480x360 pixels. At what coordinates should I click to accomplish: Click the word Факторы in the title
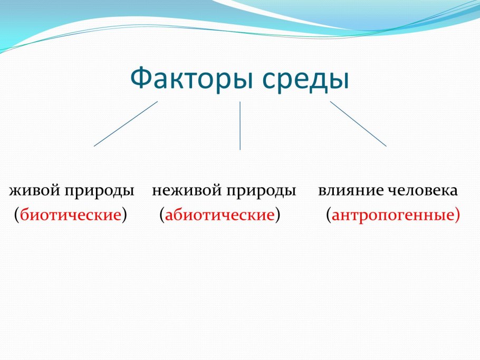[x=192, y=79]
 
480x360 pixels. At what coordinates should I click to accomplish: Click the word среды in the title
[x=306, y=79]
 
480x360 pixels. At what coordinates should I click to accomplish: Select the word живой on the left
[x=35, y=190]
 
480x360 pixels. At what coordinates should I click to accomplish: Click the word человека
[x=423, y=190]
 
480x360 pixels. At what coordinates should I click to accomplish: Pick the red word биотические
[x=71, y=215]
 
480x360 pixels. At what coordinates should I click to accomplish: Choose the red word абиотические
[x=220, y=215]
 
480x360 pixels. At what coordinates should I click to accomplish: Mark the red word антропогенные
[x=393, y=215]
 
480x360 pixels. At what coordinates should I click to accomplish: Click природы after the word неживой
[x=261, y=191]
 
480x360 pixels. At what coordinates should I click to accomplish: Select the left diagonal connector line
[x=126, y=124]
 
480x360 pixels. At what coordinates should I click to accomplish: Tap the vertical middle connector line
[x=240, y=125]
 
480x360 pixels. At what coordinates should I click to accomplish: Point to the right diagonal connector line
[x=358, y=124]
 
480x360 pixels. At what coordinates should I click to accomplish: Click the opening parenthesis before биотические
[x=17, y=215]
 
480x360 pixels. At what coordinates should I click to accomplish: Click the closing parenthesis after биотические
[x=124, y=215]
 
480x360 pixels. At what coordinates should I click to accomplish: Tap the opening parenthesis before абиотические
[x=162, y=215]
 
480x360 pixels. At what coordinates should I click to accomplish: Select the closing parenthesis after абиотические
[x=277, y=215]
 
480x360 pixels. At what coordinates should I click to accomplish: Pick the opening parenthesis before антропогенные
[x=329, y=215]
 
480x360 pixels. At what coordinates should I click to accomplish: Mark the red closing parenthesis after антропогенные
[x=457, y=215]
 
